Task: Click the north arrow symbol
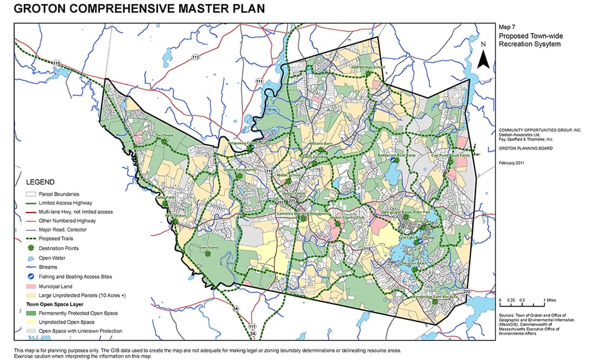[482, 58]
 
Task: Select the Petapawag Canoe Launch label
[249, 143]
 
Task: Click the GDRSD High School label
[367, 68]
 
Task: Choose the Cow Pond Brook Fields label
[450, 156]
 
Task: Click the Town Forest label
[208, 247]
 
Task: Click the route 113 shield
[195, 57]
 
